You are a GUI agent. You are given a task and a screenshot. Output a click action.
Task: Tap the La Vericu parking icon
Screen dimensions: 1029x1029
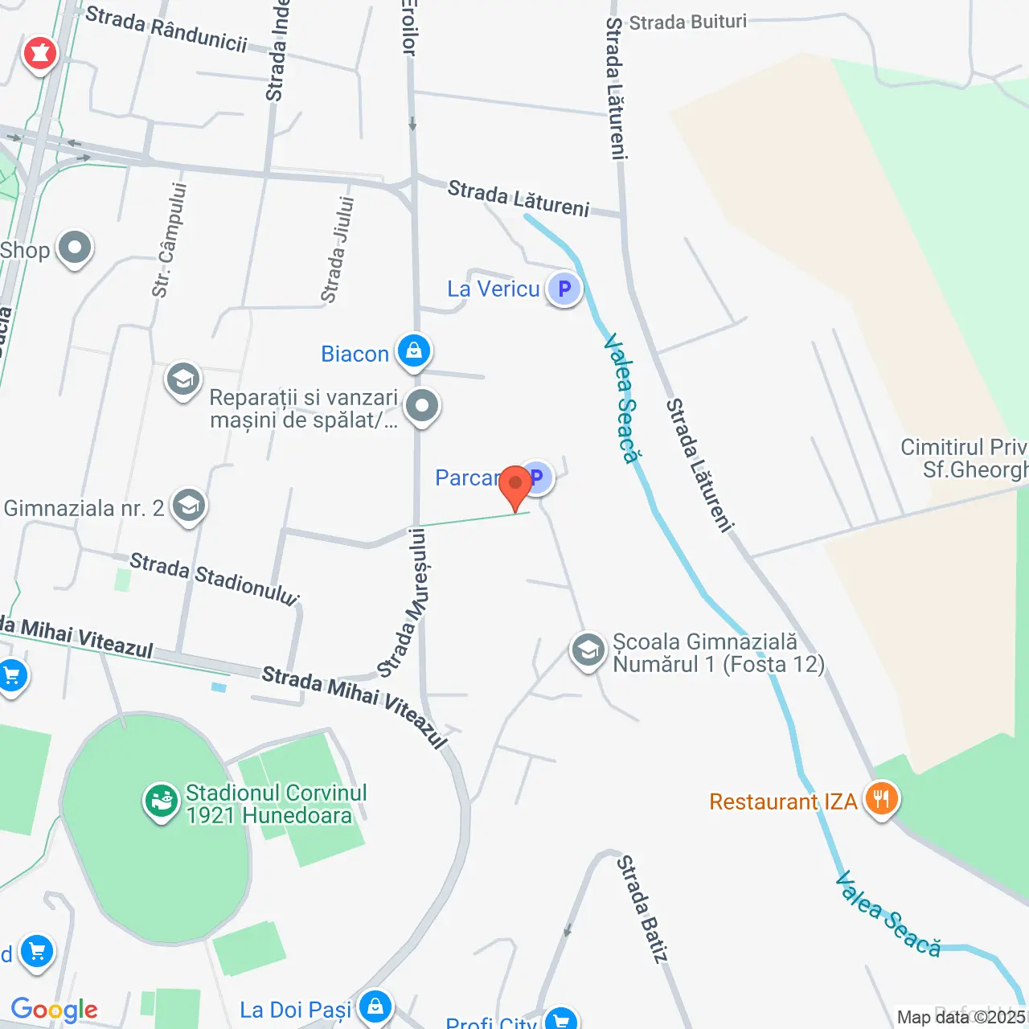point(564,289)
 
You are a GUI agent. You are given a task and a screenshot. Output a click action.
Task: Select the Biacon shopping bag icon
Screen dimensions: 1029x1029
point(414,352)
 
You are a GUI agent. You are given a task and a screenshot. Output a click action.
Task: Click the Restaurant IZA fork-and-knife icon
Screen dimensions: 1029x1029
point(882,800)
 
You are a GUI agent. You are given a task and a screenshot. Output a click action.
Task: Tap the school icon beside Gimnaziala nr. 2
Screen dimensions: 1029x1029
point(189,506)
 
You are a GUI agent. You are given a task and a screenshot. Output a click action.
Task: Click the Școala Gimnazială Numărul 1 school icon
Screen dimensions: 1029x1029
point(588,651)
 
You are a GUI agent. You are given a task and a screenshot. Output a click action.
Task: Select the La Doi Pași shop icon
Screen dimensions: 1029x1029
point(375,1007)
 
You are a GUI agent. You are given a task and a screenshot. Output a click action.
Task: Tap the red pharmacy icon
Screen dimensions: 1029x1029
point(39,55)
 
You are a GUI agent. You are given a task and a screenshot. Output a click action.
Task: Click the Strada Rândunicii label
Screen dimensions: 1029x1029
point(166,29)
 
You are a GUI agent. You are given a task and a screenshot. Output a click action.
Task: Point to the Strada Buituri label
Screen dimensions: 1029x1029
point(687,22)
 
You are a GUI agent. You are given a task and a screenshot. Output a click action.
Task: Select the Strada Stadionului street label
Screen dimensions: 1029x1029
point(214,577)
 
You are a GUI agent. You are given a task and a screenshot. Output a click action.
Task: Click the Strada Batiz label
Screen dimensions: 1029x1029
point(642,908)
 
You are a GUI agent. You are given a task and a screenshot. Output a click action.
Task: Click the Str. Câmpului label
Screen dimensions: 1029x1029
point(170,240)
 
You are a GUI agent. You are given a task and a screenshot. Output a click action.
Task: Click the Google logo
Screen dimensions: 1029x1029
point(55,1010)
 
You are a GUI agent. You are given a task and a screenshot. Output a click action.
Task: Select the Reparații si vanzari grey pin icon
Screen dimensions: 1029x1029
point(422,407)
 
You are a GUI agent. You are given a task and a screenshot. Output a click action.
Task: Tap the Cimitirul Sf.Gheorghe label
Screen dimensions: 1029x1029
point(965,458)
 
